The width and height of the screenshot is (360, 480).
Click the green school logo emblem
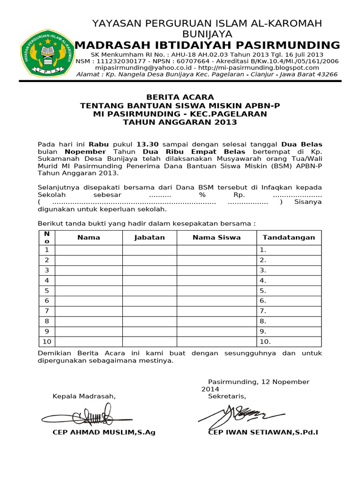[46, 53]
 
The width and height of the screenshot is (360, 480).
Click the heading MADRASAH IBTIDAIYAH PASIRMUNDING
[207, 45]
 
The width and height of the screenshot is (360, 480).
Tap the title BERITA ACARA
[180, 97]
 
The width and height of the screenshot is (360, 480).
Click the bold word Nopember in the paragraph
[85, 152]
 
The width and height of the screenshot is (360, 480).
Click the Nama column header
[89, 237]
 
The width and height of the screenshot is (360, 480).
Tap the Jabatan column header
[150, 237]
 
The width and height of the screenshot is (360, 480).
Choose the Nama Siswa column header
[217, 237]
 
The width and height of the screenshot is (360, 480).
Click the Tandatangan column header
[289, 237]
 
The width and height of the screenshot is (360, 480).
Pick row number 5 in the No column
[46, 290]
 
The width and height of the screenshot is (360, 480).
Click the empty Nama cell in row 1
[89, 250]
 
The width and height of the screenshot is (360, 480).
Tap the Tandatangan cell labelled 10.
[289, 341]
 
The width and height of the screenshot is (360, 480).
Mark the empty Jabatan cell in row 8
[150, 321]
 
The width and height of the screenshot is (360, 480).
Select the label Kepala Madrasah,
[84, 397]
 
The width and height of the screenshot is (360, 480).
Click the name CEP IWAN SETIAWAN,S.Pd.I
[262, 432]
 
